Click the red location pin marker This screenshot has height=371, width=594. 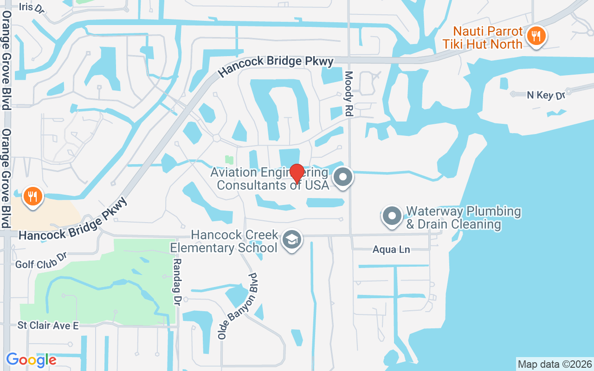click(x=297, y=173)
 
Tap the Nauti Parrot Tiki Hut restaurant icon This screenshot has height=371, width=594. click(x=536, y=35)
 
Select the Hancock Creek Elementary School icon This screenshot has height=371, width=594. click(x=291, y=240)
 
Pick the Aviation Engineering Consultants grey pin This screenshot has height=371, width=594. click(x=343, y=177)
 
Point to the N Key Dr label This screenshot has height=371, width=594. click(x=546, y=96)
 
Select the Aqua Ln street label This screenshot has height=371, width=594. click(x=391, y=250)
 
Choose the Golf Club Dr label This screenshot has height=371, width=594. click(x=41, y=261)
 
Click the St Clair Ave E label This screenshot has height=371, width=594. click(x=48, y=326)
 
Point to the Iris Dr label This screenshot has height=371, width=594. click(x=32, y=7)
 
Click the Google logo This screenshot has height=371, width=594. click(x=31, y=360)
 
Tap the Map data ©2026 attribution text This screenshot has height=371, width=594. click(x=555, y=364)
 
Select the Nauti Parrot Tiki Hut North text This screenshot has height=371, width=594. click(x=488, y=38)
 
